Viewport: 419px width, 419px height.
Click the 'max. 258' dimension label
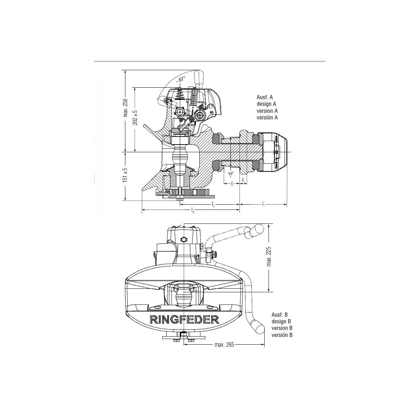click(x=125, y=108)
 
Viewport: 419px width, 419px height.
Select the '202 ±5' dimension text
click(x=135, y=118)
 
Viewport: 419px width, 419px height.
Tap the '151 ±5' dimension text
click(x=125, y=175)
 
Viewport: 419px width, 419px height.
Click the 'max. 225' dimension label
click(x=269, y=257)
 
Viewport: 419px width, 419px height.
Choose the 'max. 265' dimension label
click(x=224, y=345)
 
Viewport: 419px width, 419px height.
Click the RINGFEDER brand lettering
click(x=184, y=319)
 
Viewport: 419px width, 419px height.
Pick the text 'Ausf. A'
click(x=265, y=97)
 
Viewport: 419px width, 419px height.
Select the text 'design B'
click(x=281, y=321)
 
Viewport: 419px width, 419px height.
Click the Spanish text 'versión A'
click(x=267, y=118)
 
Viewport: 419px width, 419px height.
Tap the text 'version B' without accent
click(x=282, y=328)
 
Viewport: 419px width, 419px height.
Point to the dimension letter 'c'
click(x=243, y=180)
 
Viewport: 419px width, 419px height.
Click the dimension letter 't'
click(x=232, y=184)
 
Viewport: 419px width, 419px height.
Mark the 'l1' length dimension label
click(x=263, y=204)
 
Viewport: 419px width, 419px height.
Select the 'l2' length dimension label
click(x=213, y=204)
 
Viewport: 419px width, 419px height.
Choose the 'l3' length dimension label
click(x=192, y=210)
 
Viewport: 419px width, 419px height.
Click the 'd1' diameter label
click(x=230, y=174)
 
